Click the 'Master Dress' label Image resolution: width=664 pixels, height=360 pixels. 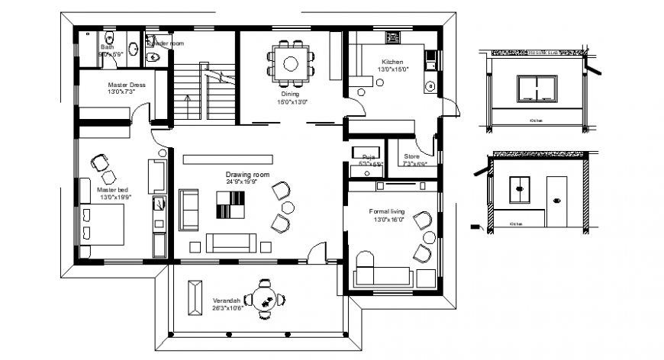tap(126, 85)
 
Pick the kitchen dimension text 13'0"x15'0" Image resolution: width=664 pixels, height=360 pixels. tap(392, 69)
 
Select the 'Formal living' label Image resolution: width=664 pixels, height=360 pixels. tap(387, 212)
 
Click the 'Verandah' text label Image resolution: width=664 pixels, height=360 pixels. tap(227, 300)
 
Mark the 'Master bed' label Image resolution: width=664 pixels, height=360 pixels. tap(111, 189)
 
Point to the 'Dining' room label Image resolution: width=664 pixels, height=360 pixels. tap(290, 94)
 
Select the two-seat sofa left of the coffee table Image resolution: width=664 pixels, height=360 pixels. tap(189, 209)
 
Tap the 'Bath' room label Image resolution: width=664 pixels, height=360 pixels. tap(106, 47)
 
